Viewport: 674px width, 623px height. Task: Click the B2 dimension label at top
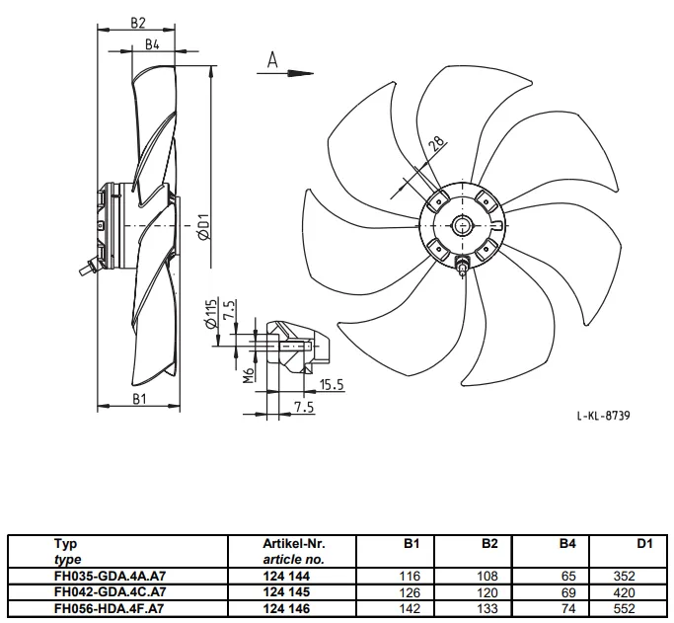pyautogui.click(x=138, y=23)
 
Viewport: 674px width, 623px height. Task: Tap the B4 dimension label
pyautogui.click(x=152, y=43)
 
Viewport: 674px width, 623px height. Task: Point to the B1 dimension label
pyautogui.click(x=139, y=399)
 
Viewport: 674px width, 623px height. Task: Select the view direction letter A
pyautogui.click(x=272, y=60)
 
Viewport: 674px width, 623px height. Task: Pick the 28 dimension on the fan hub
pyautogui.click(x=437, y=143)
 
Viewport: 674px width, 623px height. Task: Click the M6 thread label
pyautogui.click(x=248, y=375)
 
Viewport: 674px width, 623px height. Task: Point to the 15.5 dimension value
pyautogui.click(x=333, y=384)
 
